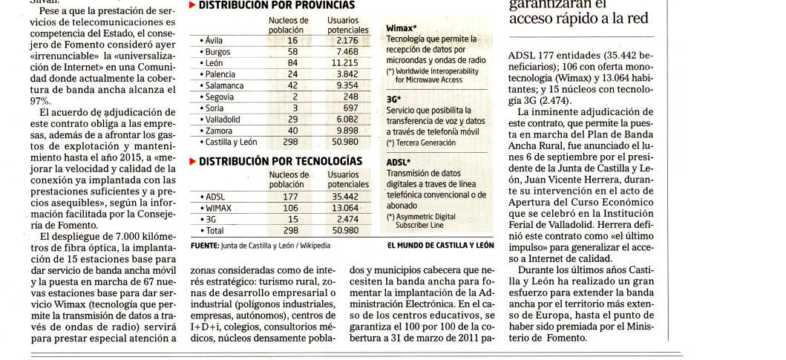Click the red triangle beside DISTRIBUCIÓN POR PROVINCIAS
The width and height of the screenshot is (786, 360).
(192, 4)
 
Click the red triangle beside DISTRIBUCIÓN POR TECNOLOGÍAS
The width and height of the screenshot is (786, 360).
(192, 160)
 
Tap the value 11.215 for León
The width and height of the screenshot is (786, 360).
(347, 63)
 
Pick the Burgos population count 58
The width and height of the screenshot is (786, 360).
(292, 52)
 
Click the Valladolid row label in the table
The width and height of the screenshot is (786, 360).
(222, 119)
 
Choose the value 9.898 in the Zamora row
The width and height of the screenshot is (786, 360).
(347, 130)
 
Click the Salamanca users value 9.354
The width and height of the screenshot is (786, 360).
(347, 85)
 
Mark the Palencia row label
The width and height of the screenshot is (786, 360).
(220, 74)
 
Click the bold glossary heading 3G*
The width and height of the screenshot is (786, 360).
(393, 99)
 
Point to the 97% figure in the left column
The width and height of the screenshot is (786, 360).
(42, 100)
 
